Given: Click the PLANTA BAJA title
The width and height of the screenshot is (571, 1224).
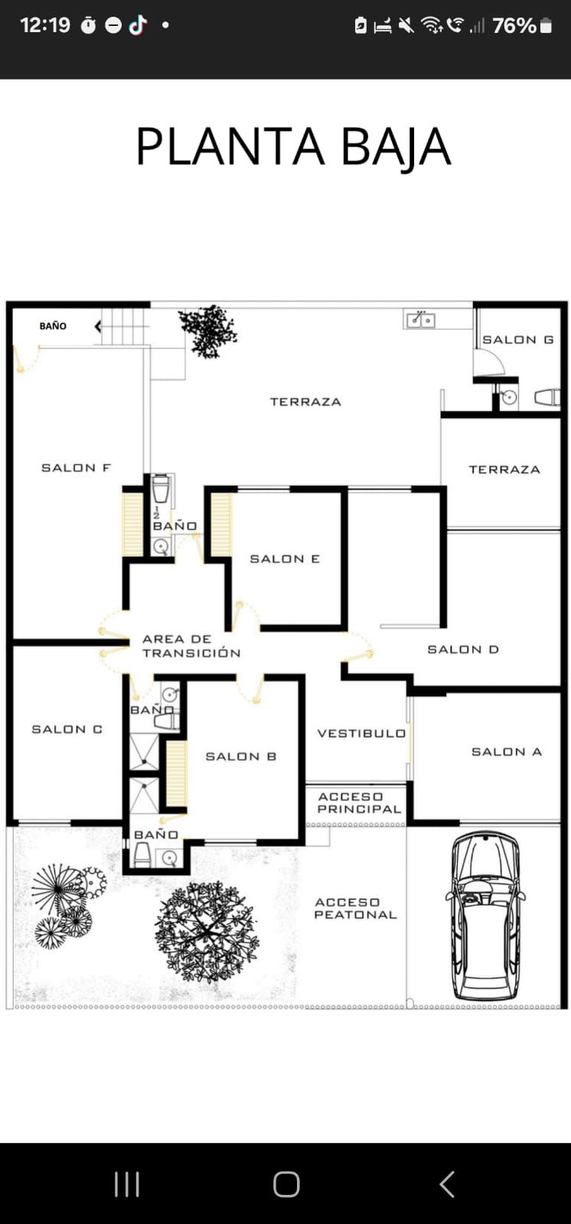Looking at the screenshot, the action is point(293,146).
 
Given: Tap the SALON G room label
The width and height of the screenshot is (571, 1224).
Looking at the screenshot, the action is point(518,340).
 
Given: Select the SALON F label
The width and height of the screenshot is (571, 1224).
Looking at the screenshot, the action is point(76,467).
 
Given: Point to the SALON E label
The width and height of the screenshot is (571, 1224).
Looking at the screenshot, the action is point(285,559).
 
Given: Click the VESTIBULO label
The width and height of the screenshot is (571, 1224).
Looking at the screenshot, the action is point(361,734).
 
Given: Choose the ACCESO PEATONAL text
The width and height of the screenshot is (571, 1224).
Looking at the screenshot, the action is point(355,909).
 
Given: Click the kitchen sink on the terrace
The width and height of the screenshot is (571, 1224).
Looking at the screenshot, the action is point(421,319).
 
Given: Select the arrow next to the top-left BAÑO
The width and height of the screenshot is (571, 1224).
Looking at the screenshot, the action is point(98,327).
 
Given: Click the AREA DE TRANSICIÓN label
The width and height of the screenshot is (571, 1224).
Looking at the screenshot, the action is point(191,646).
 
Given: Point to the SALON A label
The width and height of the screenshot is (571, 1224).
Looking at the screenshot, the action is point(507,752).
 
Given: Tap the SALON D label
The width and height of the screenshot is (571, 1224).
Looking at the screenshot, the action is point(463,649).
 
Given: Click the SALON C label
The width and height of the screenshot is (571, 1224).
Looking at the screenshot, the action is point(67,730).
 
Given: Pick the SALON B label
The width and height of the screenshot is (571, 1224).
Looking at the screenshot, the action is point(241,757).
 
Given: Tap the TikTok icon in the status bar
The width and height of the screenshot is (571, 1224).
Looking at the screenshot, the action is point(139,24).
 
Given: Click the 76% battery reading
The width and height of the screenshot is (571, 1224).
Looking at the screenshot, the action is point(514,26).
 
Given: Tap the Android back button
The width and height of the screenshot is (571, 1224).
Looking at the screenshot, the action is point(447,1184).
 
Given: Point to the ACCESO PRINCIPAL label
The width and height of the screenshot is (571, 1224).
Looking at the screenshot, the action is point(359,802).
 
